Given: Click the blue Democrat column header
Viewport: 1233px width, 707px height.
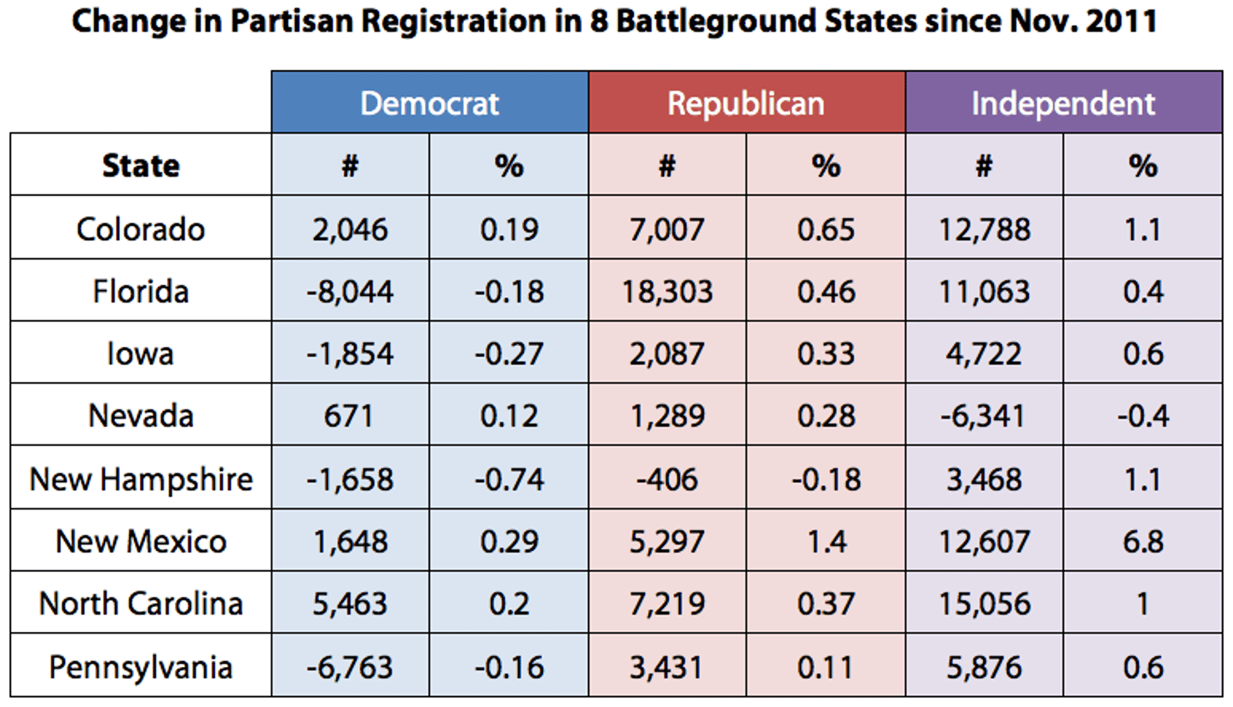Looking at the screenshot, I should [430, 103].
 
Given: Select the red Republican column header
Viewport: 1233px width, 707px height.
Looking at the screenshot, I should [746, 103].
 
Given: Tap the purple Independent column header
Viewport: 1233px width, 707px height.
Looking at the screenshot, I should [1063, 103].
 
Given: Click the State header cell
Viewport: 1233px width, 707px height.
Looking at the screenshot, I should [141, 165].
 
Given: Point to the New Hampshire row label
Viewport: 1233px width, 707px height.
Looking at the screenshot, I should [141, 479].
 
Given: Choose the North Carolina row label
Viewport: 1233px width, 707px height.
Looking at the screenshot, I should [141, 604].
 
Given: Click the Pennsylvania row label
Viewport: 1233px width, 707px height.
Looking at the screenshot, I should [141, 667].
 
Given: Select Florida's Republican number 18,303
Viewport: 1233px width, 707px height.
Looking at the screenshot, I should [667, 292].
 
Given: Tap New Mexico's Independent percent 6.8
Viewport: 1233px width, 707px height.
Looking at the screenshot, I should [1143, 542].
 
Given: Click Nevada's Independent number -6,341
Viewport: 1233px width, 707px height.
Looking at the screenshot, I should [983, 416].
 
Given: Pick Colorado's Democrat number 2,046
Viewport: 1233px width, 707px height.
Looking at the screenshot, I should [350, 229].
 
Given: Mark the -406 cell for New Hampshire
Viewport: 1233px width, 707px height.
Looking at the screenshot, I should [667, 479].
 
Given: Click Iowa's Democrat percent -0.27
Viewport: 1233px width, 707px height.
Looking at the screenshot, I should [509, 353].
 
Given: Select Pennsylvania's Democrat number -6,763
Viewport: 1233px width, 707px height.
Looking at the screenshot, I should [350, 667].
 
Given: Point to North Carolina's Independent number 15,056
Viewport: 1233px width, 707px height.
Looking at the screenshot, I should [985, 604].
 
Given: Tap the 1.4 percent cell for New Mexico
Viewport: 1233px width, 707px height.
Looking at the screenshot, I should [826, 542].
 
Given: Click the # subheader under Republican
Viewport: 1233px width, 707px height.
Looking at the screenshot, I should [667, 165].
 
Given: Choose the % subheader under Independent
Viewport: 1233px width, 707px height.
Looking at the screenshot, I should [1143, 165].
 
